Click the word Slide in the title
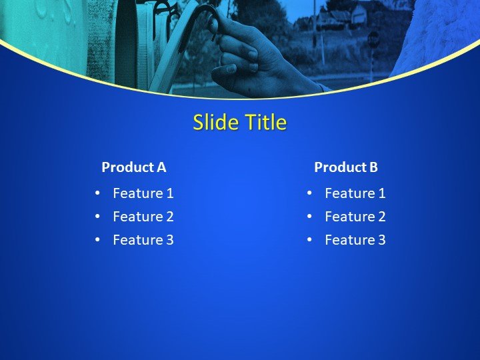click(x=211, y=123)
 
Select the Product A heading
click(x=133, y=167)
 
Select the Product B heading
click(x=346, y=167)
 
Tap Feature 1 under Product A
click(x=143, y=193)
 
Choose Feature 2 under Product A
click(x=143, y=217)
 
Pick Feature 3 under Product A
click(x=143, y=240)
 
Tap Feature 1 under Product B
click(x=355, y=193)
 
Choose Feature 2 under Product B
click(x=355, y=217)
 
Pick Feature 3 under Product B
click(x=355, y=240)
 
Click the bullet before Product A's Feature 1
click(x=97, y=193)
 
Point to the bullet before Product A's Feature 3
click(x=97, y=240)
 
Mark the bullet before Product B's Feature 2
click(x=309, y=217)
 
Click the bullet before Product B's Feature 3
click(x=309, y=240)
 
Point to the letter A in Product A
click(x=161, y=167)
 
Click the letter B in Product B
click(x=373, y=167)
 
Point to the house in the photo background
click(x=333, y=17)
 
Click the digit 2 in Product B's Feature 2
click(x=381, y=217)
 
